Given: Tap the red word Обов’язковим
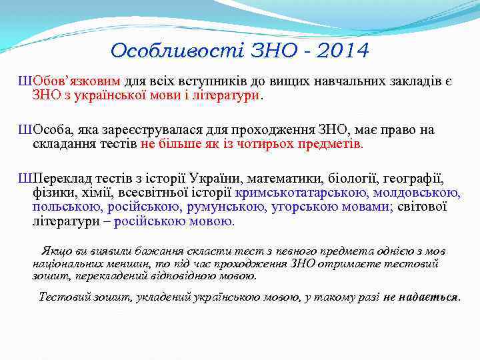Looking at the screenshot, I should click(x=77, y=81).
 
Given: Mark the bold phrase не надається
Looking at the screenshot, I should click(x=421, y=297).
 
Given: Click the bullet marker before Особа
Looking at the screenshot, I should click(x=25, y=130).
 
